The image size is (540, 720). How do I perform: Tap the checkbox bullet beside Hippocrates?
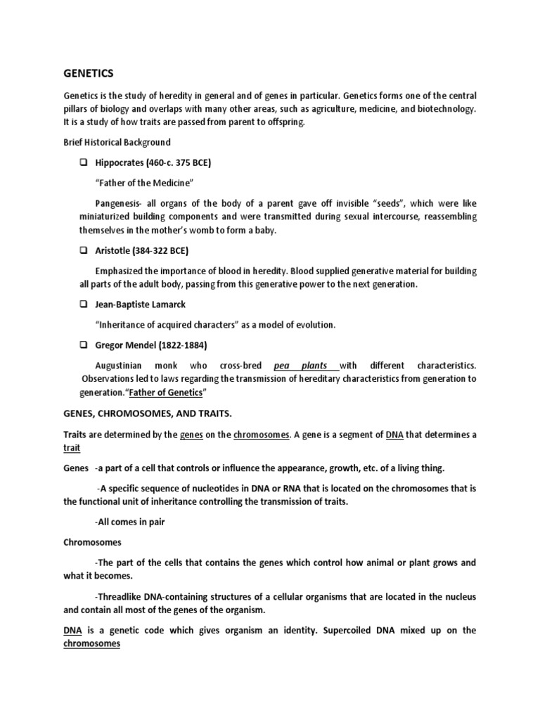coord(83,162)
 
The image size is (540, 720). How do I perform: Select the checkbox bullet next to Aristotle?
coord(83,250)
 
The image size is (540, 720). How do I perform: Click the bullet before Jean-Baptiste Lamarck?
coord(83,304)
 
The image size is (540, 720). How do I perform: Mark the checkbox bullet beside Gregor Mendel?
coord(83,345)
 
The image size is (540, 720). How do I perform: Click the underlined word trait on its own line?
coord(72,448)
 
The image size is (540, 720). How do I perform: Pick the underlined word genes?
coord(192,435)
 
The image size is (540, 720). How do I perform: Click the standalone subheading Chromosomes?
coord(92,542)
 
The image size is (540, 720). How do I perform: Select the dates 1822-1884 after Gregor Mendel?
coord(180,345)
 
